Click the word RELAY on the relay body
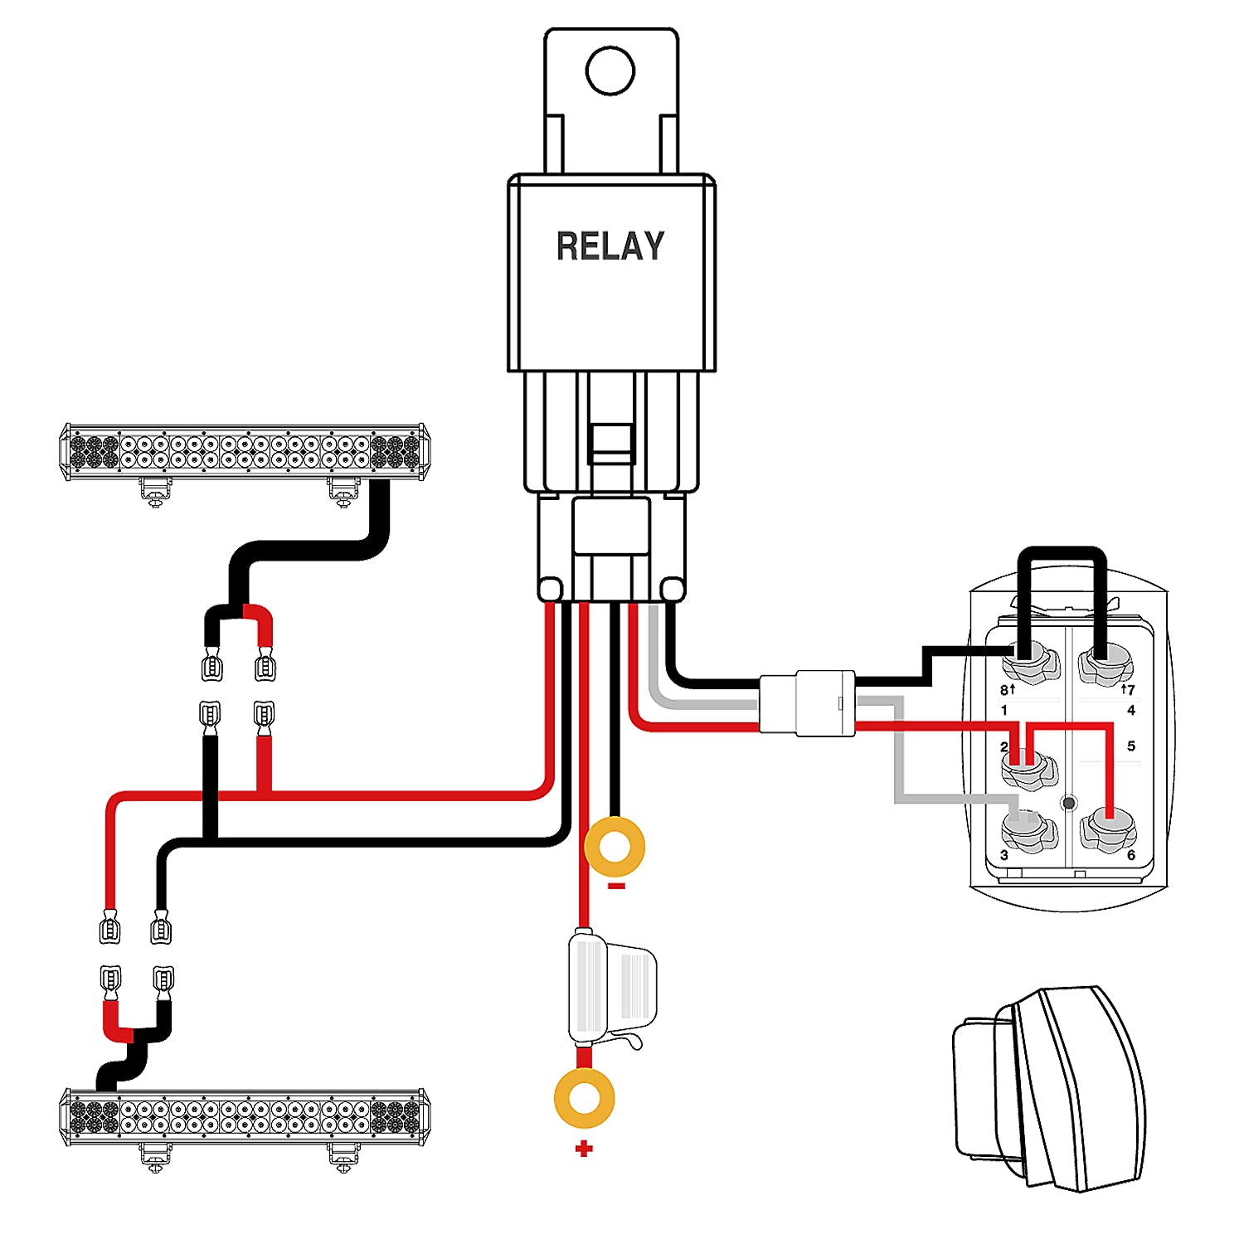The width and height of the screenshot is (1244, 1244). click(x=610, y=246)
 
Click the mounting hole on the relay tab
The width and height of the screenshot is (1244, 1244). click(x=610, y=70)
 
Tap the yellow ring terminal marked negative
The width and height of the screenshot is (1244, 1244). click(x=615, y=847)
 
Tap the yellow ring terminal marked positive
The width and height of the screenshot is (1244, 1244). click(x=584, y=1098)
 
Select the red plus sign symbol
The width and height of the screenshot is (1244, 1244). click(x=584, y=1149)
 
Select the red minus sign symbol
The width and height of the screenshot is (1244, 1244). click(x=616, y=887)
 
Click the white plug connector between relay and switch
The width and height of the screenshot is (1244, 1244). click(x=807, y=702)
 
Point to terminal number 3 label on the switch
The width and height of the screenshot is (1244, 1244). click(x=1004, y=855)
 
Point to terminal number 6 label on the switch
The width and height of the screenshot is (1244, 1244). click(x=1130, y=855)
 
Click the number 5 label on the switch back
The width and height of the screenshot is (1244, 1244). click(x=1131, y=746)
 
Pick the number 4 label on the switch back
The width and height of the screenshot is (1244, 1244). click(x=1131, y=710)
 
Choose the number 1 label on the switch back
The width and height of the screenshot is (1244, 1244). click(x=1004, y=710)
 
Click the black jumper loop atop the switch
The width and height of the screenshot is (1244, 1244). click(x=1062, y=554)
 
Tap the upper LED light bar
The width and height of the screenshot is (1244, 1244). click(x=245, y=452)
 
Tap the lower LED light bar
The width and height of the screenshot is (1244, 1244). click(x=245, y=1117)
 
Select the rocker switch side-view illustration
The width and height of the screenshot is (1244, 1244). click(x=1050, y=1086)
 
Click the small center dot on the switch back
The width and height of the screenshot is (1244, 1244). click(x=1069, y=803)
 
